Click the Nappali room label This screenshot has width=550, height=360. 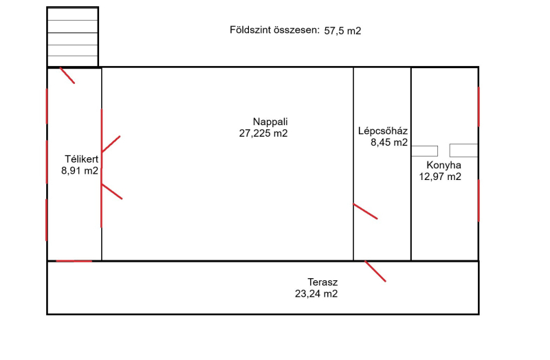[x=270, y=122]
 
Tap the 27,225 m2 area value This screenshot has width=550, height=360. [x=263, y=133]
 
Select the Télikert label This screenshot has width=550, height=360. [x=81, y=159]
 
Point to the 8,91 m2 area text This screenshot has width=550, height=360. [x=80, y=170]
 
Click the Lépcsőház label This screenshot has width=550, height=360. [x=383, y=131]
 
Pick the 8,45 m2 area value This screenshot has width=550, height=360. [x=389, y=142]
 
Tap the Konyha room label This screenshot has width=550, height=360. [x=443, y=165]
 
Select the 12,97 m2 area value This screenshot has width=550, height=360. [x=440, y=177]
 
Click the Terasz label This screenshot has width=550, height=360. [x=322, y=282]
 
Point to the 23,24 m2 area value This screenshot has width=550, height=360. [x=316, y=294]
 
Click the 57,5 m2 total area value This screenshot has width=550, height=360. [x=342, y=31]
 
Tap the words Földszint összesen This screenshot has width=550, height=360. [x=274, y=30]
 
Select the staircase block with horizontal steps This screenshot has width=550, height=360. [x=73, y=37]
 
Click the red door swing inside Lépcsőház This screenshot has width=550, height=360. [x=365, y=211]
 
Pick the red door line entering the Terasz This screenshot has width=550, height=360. [x=375, y=271]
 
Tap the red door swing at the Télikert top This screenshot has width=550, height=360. [x=67, y=76]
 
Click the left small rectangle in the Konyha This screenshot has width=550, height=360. [x=424, y=151]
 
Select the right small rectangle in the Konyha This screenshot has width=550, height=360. [x=463, y=150]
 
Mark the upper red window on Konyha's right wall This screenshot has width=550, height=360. [x=478, y=107]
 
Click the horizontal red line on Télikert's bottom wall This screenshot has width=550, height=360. [x=74, y=261]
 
